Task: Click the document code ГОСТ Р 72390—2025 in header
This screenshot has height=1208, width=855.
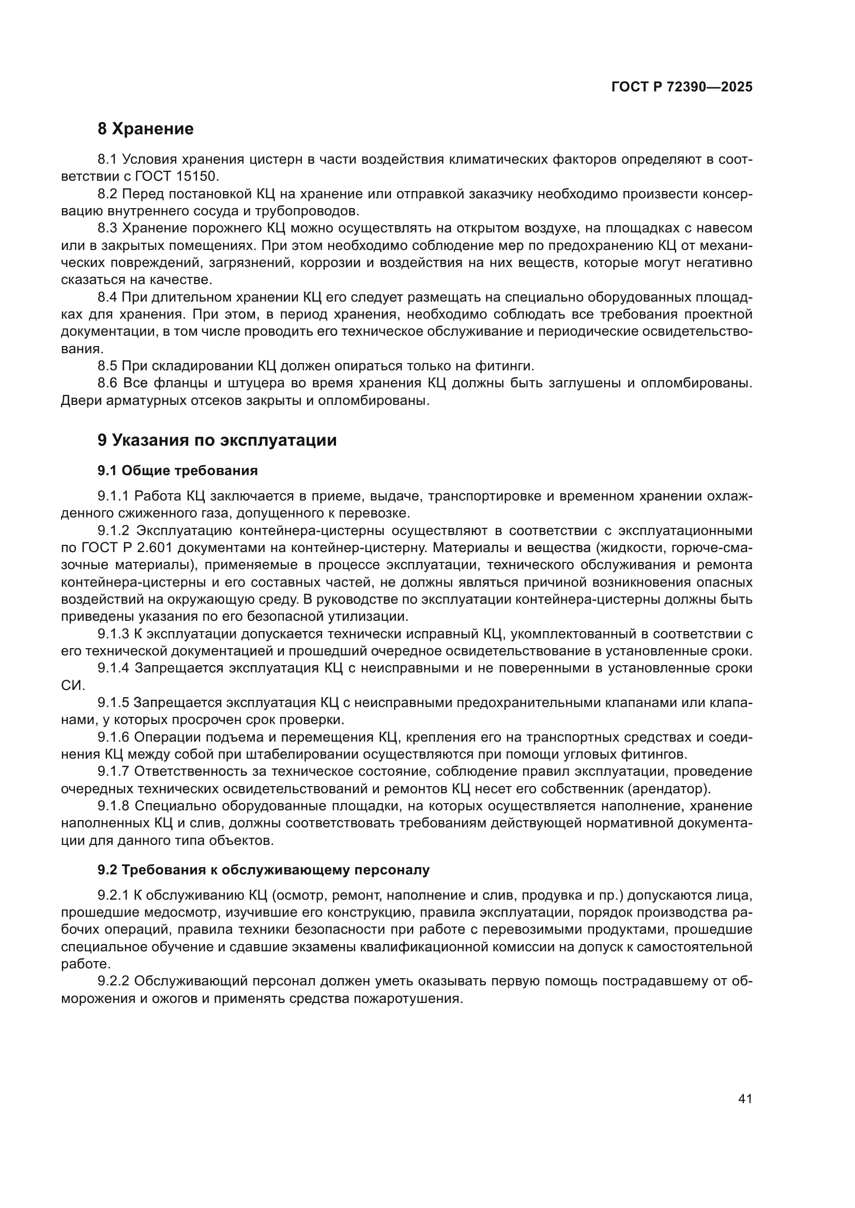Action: [682, 87]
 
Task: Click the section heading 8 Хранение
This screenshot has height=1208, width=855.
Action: [145, 129]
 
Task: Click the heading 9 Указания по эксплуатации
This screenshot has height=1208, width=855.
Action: [217, 440]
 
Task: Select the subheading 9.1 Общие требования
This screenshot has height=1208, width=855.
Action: [177, 470]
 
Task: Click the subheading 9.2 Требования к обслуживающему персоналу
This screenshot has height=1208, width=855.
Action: [263, 870]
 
